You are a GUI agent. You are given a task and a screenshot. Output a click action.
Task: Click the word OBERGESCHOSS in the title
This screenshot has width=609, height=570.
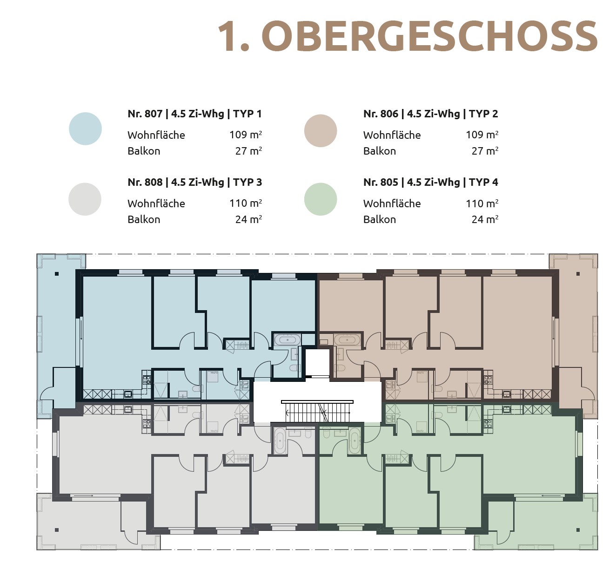(x=429, y=37)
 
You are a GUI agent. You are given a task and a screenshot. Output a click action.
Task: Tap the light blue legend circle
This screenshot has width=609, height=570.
(x=85, y=129)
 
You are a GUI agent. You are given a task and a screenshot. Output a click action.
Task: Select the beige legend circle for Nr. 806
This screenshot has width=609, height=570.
(x=321, y=131)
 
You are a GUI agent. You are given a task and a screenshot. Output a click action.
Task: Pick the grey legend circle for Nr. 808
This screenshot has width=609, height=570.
(x=85, y=199)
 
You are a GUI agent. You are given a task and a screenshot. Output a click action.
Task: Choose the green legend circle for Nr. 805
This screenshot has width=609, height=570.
(x=321, y=199)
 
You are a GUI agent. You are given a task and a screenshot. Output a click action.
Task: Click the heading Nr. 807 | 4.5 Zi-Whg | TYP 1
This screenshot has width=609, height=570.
(x=194, y=114)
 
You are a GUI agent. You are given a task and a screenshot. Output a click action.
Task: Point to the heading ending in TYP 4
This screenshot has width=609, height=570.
(x=430, y=182)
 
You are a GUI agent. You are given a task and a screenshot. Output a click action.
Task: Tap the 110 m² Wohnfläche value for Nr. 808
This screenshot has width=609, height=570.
(x=245, y=204)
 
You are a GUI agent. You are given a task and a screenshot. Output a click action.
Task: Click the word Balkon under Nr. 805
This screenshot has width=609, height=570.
(x=380, y=219)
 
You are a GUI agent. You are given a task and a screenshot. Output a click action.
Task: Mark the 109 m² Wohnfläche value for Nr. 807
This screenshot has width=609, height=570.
(x=245, y=135)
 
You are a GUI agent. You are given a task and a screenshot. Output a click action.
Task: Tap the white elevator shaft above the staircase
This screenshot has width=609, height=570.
(x=317, y=362)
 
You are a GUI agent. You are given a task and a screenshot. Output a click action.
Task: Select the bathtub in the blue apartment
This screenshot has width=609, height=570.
(x=287, y=340)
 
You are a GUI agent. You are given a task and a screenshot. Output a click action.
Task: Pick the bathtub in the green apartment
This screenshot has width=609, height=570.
(x=355, y=440)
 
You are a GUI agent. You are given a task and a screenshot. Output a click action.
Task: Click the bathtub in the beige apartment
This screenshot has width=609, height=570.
(x=347, y=339)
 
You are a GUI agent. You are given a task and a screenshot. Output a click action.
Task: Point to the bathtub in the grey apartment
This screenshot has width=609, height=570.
(x=280, y=440)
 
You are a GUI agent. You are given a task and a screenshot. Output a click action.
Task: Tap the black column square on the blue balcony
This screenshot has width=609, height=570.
(x=57, y=274)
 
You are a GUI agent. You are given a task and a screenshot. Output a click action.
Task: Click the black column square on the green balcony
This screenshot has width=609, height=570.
(x=578, y=530)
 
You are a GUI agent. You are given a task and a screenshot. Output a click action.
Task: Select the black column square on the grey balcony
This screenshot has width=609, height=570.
(x=57, y=530)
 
